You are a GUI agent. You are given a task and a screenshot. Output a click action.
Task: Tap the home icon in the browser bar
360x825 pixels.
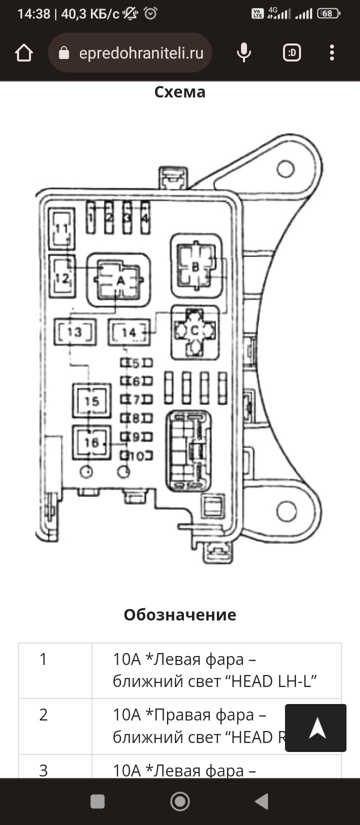tap(24, 53)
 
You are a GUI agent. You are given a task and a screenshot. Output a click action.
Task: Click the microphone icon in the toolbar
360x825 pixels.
tap(244, 52)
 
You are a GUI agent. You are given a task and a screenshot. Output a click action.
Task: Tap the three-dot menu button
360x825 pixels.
tap(332, 52)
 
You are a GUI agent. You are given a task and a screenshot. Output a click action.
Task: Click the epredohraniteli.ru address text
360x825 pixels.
tap(141, 53)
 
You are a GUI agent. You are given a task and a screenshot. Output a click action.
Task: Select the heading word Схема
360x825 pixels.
tap(179, 92)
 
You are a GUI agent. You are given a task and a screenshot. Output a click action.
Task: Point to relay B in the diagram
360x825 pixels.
tap(196, 266)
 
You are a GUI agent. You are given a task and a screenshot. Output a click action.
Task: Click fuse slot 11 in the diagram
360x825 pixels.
tap(61, 229)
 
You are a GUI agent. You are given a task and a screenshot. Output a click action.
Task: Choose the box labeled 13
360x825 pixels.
tap(74, 332)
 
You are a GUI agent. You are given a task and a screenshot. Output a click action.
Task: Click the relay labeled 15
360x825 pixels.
tap(91, 401)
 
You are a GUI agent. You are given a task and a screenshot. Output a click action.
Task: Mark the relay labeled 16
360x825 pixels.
tap(91, 442)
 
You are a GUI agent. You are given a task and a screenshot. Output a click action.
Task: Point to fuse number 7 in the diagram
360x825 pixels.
tap(135, 399)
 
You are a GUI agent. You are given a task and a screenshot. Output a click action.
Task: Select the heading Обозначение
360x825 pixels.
tap(179, 614)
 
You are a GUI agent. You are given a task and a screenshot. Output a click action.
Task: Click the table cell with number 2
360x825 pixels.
tap(43, 715)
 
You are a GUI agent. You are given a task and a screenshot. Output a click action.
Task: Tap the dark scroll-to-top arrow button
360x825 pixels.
tap(315, 728)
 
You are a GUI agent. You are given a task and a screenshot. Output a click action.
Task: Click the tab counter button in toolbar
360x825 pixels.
tap(292, 52)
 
